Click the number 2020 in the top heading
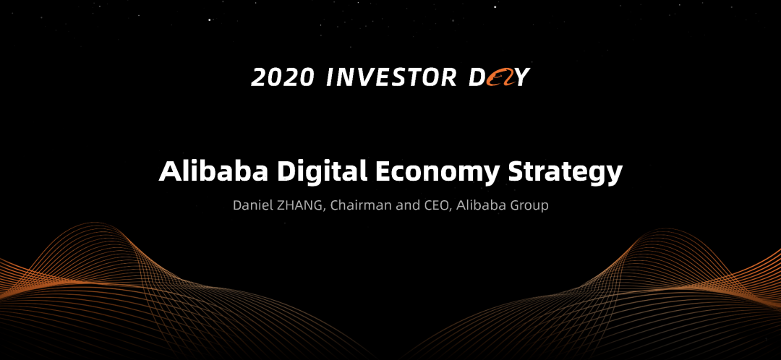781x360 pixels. [x=283, y=77]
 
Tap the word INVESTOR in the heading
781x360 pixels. [x=391, y=77]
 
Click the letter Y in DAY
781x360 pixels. [x=521, y=77]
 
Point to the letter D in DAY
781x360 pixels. [x=477, y=77]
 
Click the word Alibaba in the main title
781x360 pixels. [x=214, y=171]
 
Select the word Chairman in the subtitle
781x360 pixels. [x=351, y=205]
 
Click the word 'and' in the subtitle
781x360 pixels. [x=398, y=205]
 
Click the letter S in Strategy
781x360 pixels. [x=516, y=172]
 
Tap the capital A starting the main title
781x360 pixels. [x=168, y=172]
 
